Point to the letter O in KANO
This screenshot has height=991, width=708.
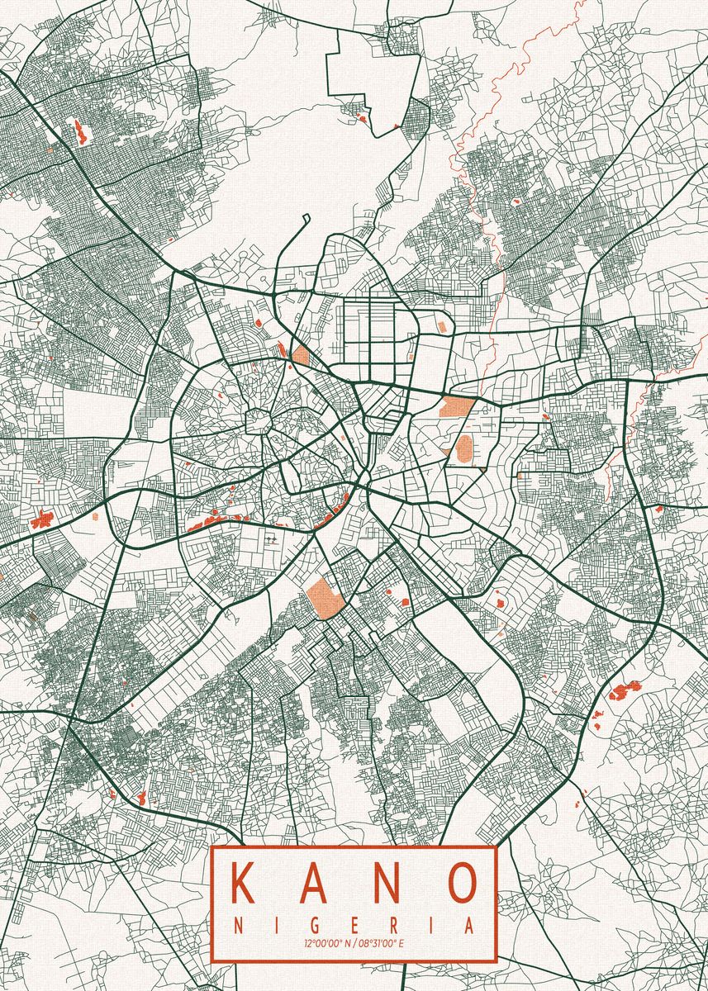click(463, 883)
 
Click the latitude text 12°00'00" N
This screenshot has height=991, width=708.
click(328, 942)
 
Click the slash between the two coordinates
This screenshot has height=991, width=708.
click(354, 942)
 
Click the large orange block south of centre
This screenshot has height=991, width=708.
click(320, 595)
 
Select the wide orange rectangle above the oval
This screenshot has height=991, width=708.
click(456, 406)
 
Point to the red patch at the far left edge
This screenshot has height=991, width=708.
click(41, 519)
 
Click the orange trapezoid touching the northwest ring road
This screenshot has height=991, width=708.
click(301, 357)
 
